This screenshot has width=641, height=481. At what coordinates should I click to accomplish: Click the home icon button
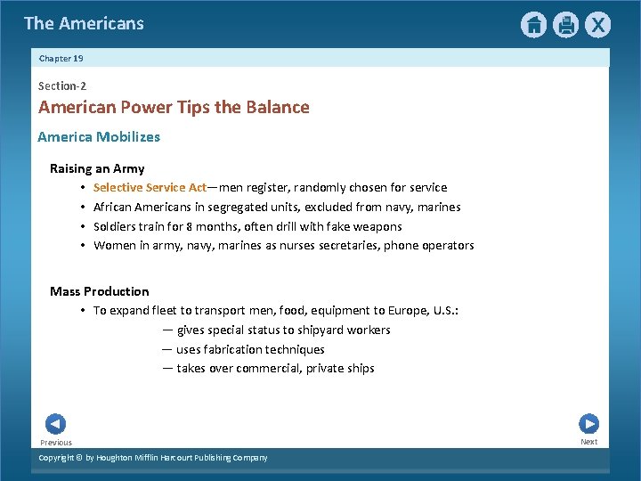(x=533, y=25)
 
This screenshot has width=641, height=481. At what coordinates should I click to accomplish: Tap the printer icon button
(x=565, y=25)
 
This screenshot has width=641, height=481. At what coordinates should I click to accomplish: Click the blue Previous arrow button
(x=55, y=424)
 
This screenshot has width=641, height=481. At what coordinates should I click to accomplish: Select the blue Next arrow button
(x=588, y=424)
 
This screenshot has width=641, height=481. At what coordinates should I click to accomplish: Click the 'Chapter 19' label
(x=61, y=58)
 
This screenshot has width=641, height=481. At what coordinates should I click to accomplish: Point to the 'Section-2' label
(x=62, y=86)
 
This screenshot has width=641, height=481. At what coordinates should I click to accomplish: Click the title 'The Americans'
(x=84, y=23)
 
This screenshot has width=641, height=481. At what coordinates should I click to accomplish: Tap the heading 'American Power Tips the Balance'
(x=174, y=108)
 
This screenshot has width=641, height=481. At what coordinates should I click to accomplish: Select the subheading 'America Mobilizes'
(x=99, y=137)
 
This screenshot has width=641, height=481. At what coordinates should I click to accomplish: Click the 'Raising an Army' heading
(x=97, y=168)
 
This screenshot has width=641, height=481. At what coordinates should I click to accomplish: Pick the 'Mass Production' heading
(x=100, y=291)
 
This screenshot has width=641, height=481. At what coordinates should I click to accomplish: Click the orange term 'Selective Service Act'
(x=150, y=188)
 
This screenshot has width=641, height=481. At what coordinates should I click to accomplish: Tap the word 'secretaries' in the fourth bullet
(x=348, y=246)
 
